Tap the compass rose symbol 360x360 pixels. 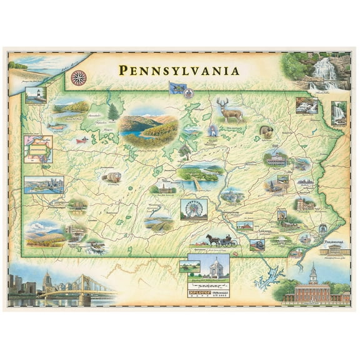79,77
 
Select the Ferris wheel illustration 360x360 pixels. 194,210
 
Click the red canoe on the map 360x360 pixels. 81,141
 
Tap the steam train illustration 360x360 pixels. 257,245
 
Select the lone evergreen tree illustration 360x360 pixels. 113,112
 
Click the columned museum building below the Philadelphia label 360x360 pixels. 334,251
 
